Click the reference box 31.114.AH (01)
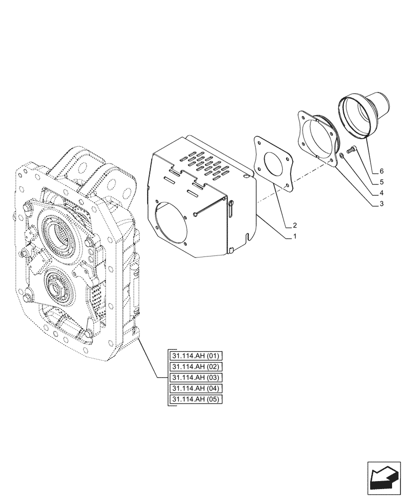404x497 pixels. coord(197,356)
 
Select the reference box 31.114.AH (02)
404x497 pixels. coord(197,367)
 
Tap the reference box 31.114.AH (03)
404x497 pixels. coord(197,378)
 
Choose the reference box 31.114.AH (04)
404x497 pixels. coord(197,389)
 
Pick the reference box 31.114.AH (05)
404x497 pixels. coord(197,400)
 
